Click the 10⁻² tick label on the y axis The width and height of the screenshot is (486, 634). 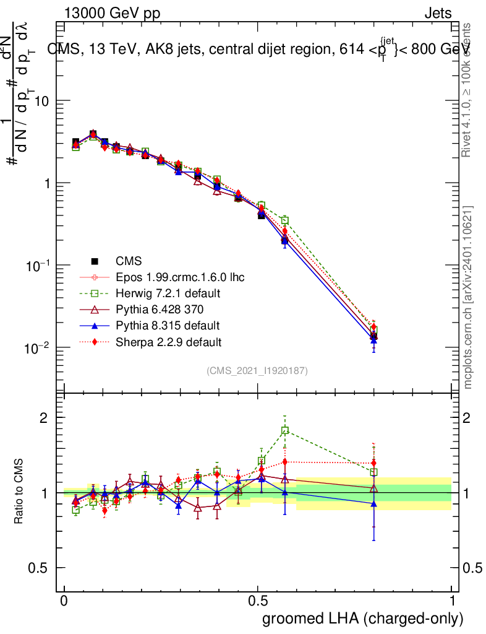36,347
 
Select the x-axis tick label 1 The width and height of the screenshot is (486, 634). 453,601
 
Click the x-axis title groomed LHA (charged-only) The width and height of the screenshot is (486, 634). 364,619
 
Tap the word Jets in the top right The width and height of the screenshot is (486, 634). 438,13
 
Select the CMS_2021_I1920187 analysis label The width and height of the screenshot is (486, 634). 257,370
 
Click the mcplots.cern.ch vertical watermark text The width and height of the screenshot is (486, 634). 469,297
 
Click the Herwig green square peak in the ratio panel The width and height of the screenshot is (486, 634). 285,430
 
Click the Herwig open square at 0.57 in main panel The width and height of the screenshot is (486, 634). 285,220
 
